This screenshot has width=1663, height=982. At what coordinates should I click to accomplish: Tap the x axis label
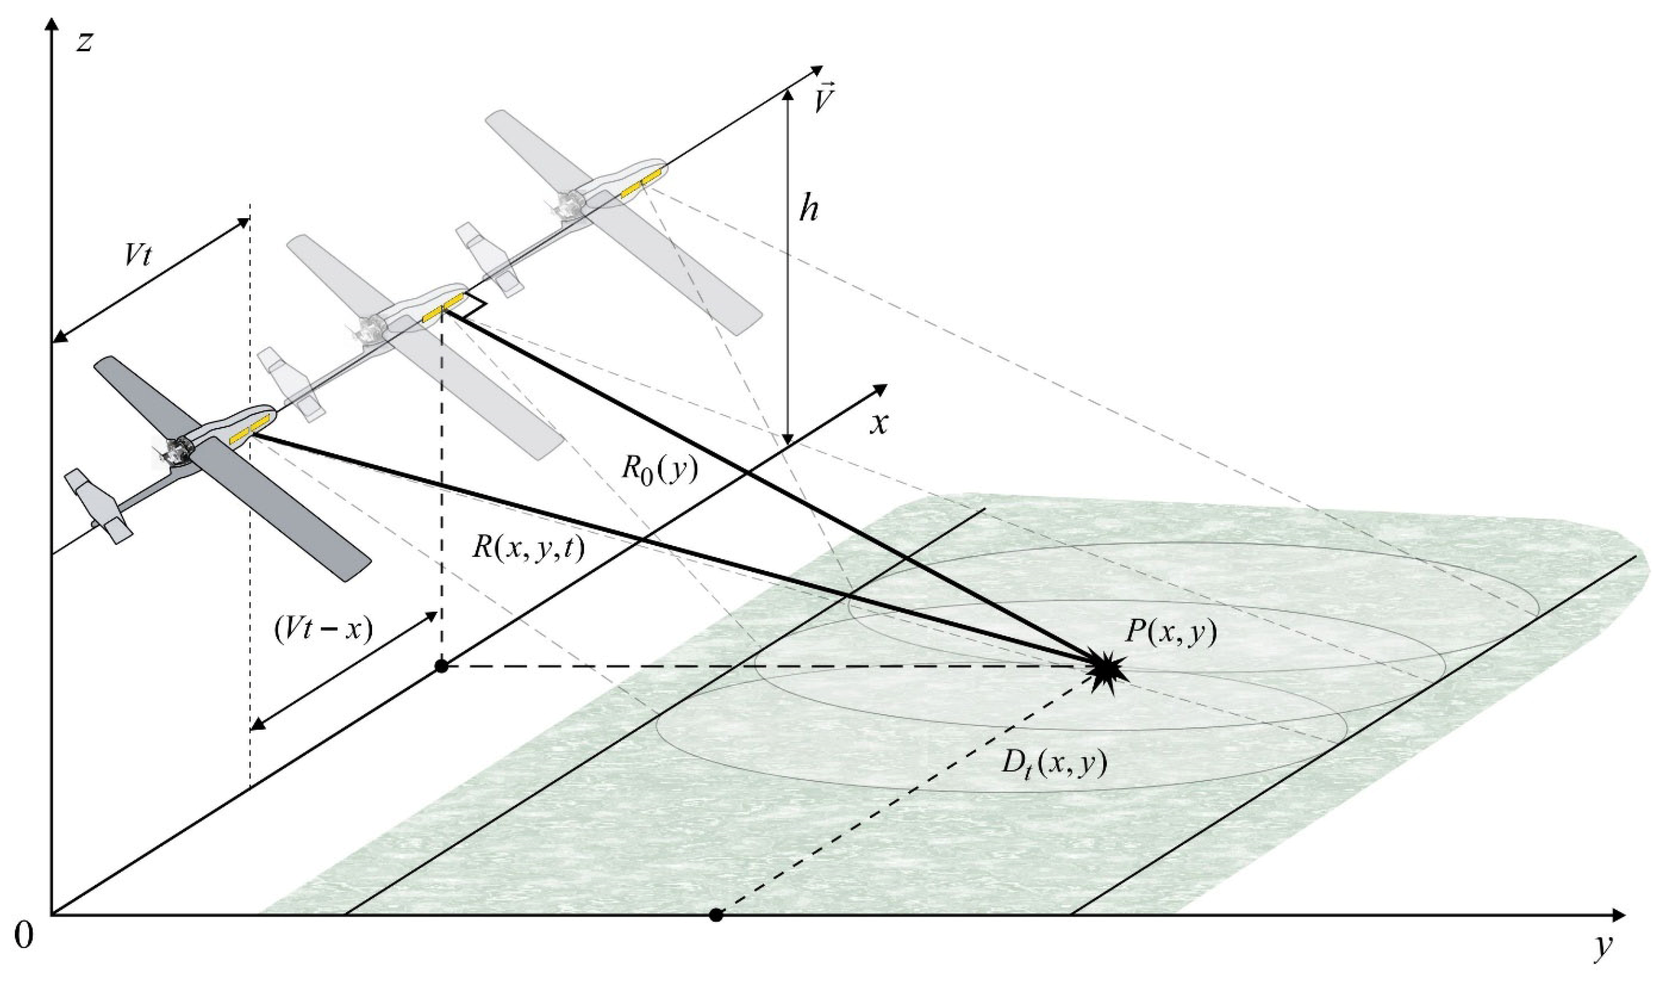(x=879, y=424)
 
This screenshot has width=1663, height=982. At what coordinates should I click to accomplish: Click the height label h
(x=808, y=210)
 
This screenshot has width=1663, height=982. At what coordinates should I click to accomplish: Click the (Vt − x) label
(x=323, y=630)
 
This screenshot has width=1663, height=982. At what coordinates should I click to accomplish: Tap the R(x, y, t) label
(x=527, y=549)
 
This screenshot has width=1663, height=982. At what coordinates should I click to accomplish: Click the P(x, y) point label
(x=1170, y=634)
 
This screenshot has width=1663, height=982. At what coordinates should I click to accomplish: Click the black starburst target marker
(x=1106, y=672)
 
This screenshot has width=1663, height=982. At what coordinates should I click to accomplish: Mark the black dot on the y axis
(x=715, y=915)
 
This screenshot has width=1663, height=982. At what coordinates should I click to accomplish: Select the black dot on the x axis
(x=442, y=666)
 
